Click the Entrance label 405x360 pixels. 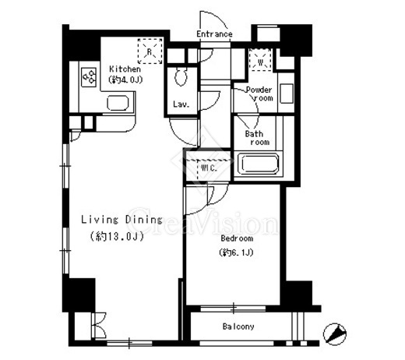[214, 34]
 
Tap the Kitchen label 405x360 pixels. [125, 69]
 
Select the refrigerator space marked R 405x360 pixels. [150, 51]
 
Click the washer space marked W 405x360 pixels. [260, 60]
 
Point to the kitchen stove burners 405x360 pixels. [89, 77]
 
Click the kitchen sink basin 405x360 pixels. [118, 103]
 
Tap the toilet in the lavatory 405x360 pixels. [181, 76]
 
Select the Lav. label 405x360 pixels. [181, 104]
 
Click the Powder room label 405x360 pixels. [259, 94]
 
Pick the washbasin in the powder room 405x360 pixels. [287, 93]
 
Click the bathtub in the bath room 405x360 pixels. [259, 164]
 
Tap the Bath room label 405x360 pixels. [257, 138]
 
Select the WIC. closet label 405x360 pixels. [209, 168]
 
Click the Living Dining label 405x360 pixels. [121, 220]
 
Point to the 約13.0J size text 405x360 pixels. [117, 236]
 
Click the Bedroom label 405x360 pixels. [237, 238]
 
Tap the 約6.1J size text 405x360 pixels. [236, 252]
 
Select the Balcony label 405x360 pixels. [238, 326]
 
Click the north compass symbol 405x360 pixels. [335, 334]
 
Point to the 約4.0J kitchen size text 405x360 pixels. [125, 79]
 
